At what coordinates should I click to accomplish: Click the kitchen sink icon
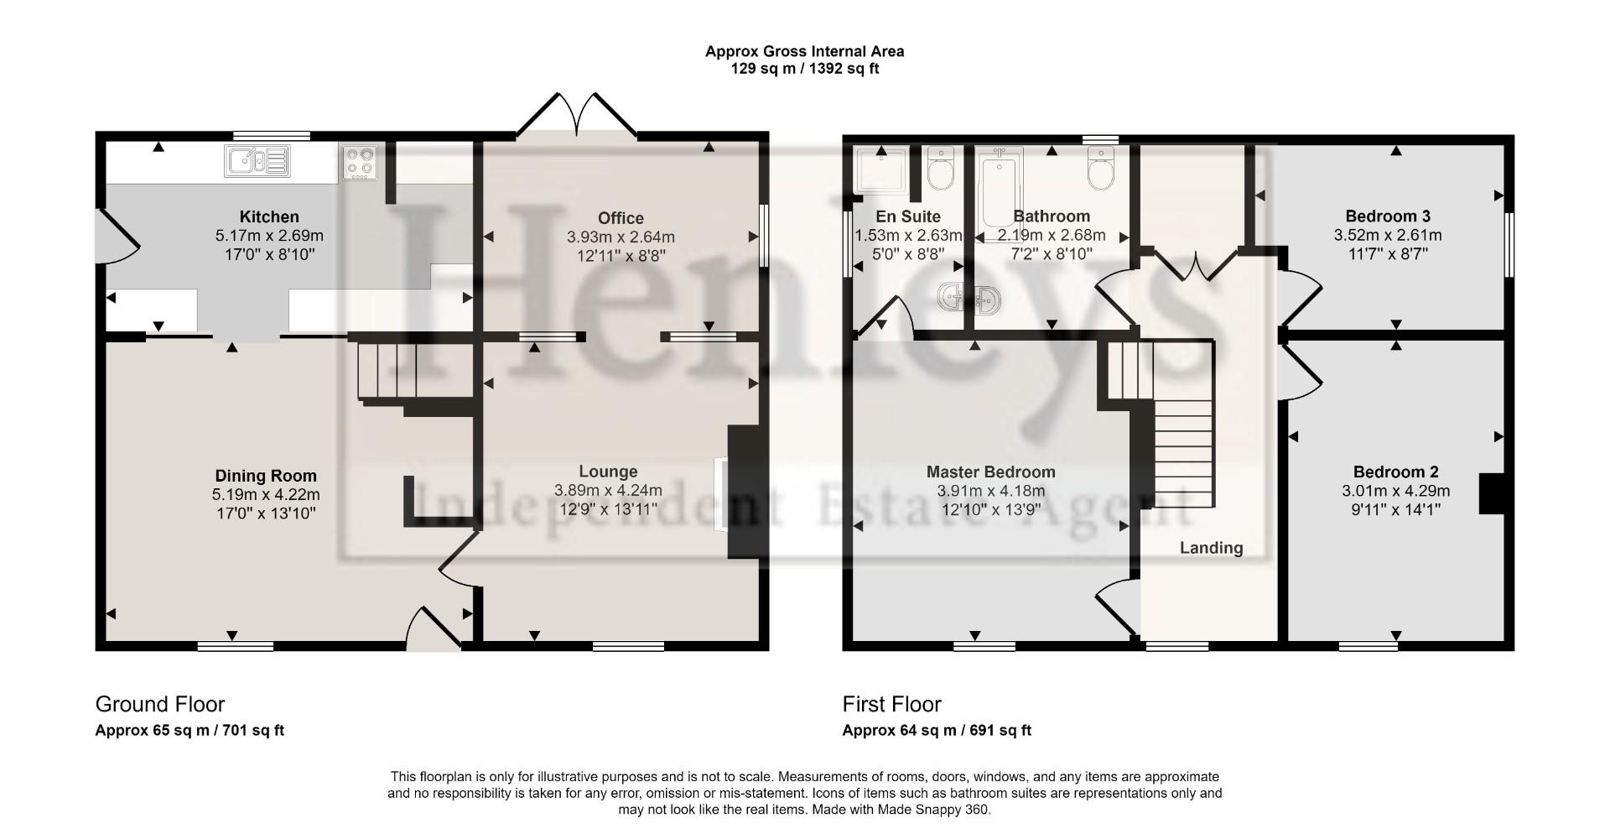(x=257, y=160)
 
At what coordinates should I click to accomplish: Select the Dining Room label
(x=266, y=476)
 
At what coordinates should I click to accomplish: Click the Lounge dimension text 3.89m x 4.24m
(x=608, y=490)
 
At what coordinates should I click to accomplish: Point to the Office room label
(x=621, y=218)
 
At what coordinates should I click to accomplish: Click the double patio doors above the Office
(x=577, y=116)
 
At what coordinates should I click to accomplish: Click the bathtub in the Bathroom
(x=1000, y=193)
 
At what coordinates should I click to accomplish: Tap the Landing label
(x=1211, y=548)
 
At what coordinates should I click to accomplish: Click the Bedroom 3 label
(x=1387, y=216)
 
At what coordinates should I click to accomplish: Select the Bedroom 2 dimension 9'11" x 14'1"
(x=1395, y=508)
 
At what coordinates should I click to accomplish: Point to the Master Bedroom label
(x=990, y=472)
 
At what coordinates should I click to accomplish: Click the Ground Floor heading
(x=159, y=704)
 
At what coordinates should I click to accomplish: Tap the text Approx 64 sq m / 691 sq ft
(x=936, y=730)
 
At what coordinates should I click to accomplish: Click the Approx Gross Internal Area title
(x=804, y=51)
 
